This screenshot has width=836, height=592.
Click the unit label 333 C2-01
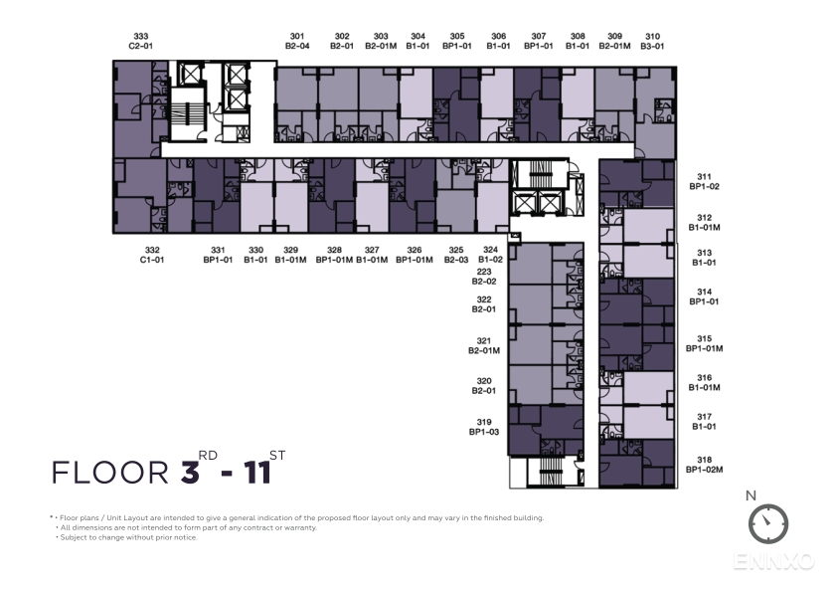(141, 41)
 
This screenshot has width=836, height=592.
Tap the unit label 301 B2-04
(297, 41)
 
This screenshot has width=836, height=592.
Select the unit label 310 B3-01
(652, 41)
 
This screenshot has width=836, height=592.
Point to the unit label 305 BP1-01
(457, 41)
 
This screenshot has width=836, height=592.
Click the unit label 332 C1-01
(152, 255)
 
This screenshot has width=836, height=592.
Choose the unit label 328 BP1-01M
(334, 255)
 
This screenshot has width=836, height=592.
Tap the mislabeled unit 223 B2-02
(484, 277)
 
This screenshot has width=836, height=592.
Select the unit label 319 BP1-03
(484, 427)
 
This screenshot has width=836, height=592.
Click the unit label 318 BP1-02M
(705, 465)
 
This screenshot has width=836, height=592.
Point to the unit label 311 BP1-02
(705, 181)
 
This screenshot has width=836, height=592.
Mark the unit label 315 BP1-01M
(705, 343)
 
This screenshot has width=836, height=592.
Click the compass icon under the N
(768, 523)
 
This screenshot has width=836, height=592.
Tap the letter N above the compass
(751, 495)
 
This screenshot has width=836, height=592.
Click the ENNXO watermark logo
(773, 561)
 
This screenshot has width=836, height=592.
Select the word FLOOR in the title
(110, 473)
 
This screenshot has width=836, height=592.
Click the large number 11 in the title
(258, 473)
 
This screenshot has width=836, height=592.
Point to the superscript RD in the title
(208, 456)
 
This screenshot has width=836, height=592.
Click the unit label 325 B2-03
(456, 255)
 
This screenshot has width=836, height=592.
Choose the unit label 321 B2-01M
(484, 345)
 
